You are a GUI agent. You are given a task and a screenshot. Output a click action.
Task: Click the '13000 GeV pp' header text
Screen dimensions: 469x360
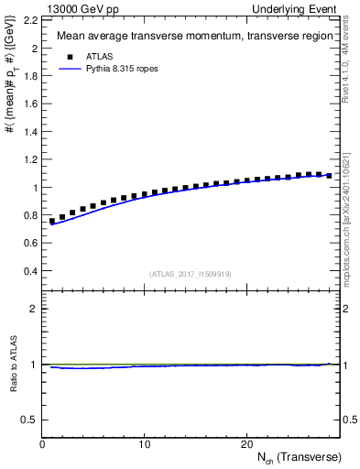click(x=77, y=8)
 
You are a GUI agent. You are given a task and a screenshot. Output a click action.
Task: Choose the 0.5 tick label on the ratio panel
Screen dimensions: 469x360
click(x=29, y=420)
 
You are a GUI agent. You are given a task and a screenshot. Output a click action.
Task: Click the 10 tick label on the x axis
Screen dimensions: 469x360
click(x=144, y=444)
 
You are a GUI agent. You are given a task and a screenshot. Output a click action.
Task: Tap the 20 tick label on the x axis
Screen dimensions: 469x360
click(x=245, y=444)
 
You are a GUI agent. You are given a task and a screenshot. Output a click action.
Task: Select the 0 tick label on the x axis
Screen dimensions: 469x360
click(x=42, y=444)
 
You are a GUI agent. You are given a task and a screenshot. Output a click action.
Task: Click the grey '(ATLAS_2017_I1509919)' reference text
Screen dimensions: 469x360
click(x=189, y=274)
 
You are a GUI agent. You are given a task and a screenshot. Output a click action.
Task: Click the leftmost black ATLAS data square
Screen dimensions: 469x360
click(x=52, y=221)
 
